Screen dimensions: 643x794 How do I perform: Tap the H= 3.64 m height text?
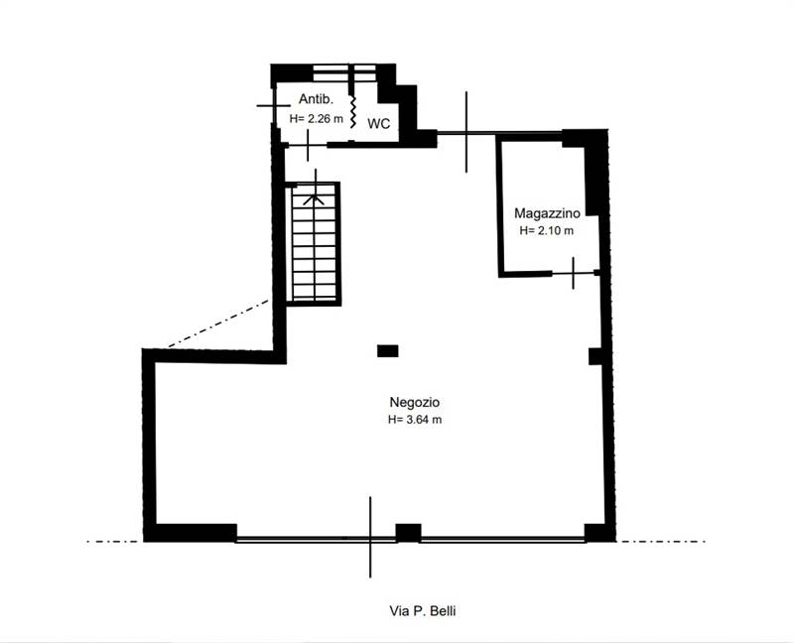(415, 420)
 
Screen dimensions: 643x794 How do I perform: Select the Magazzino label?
(547, 213)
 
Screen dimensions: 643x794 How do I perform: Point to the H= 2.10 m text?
(547, 230)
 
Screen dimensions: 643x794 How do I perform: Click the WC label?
(378, 124)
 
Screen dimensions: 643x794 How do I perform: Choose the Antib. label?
(315, 100)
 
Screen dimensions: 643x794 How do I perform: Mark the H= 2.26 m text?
(317, 118)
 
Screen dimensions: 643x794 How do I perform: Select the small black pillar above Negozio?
(387, 350)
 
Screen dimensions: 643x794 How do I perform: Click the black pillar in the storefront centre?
(408, 532)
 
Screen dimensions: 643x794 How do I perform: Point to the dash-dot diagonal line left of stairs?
(218, 323)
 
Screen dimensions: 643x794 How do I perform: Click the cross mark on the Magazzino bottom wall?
(574, 272)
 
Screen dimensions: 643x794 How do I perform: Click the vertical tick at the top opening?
(466, 131)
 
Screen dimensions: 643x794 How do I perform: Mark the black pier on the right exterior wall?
(595, 356)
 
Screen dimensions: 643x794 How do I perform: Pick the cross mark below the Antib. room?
(309, 145)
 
